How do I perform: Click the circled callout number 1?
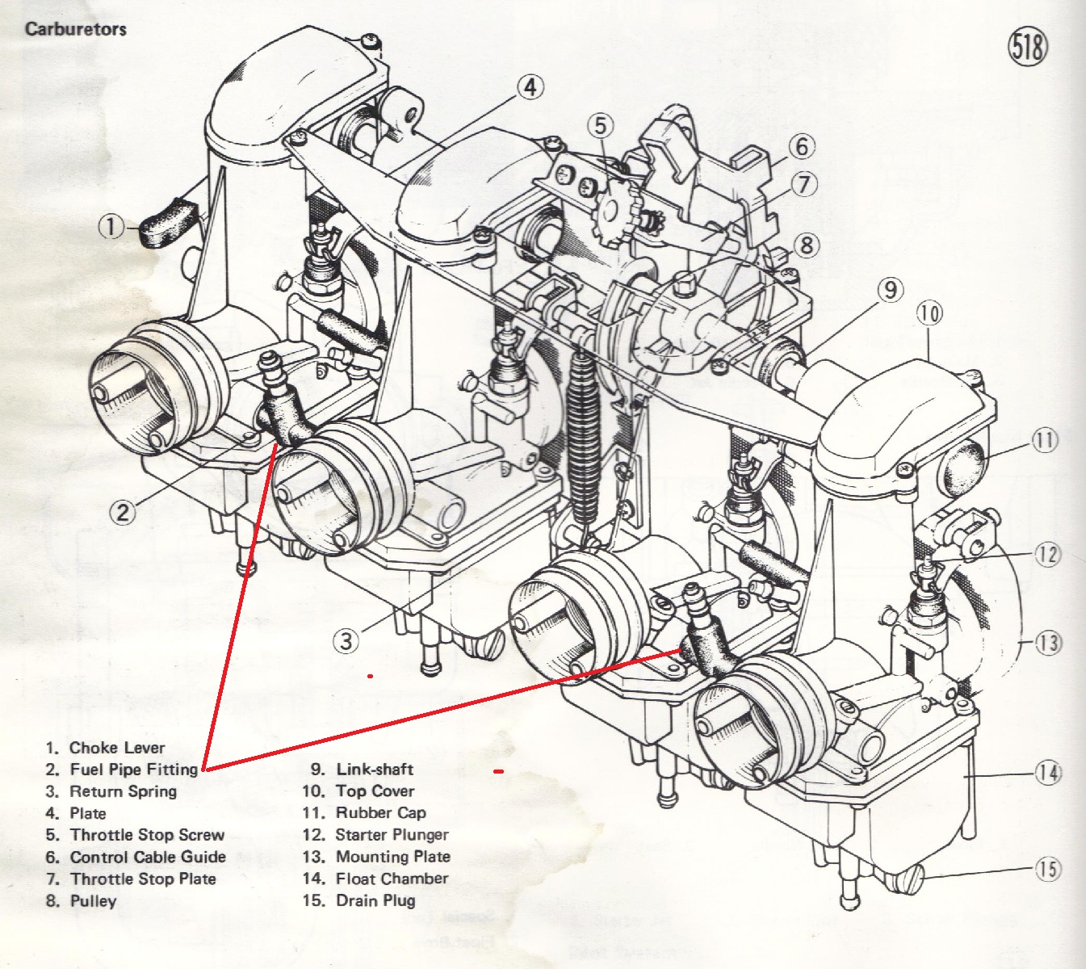[x=111, y=227]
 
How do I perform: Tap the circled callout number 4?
[x=530, y=86]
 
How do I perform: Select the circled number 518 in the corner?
[x=1027, y=47]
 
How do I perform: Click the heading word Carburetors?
[x=76, y=29]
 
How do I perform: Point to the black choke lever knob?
[x=168, y=220]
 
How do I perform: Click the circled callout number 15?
[x=1048, y=870]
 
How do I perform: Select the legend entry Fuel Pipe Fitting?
[x=133, y=770]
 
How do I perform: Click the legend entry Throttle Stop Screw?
[x=147, y=835]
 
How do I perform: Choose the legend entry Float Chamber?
[x=392, y=879]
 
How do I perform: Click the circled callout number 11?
[x=1045, y=441]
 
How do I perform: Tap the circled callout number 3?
[x=346, y=641]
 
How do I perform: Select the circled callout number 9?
[x=890, y=290]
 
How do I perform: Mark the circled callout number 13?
[x=1048, y=644]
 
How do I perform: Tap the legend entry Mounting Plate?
[x=392, y=857]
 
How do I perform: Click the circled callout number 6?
[x=801, y=146]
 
